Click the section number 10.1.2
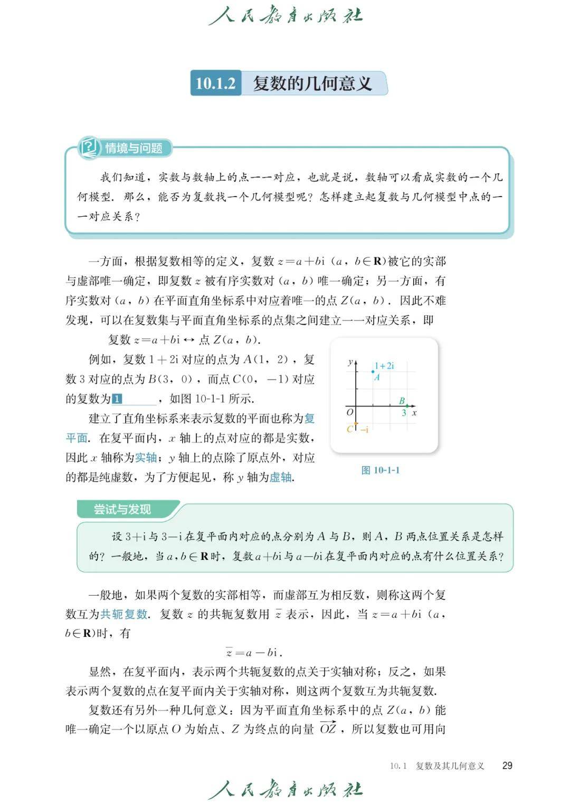pos(215,83)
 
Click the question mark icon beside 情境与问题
pos(89,147)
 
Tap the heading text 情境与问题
pos(134,148)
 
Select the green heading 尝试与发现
pos(122,509)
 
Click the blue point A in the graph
pos(373,372)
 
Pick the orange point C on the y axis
pos(356,423)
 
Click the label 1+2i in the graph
pos(384,365)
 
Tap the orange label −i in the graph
pos(364,429)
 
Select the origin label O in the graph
pos(349,412)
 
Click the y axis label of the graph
pos(350,362)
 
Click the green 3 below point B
pos(404,413)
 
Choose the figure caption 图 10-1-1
pos(381,470)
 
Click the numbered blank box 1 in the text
pos(117,399)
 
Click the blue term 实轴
pos(146,458)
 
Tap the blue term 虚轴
pos(281,478)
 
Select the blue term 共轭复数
pos(124,614)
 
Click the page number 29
pos(507,765)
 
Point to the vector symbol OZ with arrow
pos(328,729)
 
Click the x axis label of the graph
pos(414,413)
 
